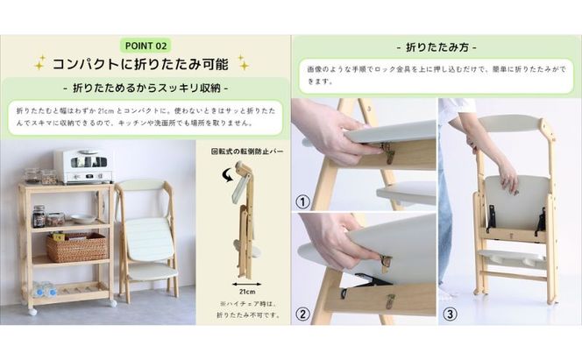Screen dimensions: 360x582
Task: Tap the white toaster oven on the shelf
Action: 82,165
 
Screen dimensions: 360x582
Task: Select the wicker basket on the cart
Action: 76,247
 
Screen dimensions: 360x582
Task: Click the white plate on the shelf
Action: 84,219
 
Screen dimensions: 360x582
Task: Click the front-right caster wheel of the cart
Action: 111,303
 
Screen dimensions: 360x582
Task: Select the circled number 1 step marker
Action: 303,199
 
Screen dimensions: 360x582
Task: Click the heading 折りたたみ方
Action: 436,46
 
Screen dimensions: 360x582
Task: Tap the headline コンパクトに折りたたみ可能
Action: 141,64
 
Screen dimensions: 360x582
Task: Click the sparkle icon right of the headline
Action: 243,63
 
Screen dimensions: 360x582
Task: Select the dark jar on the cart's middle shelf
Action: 39,215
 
